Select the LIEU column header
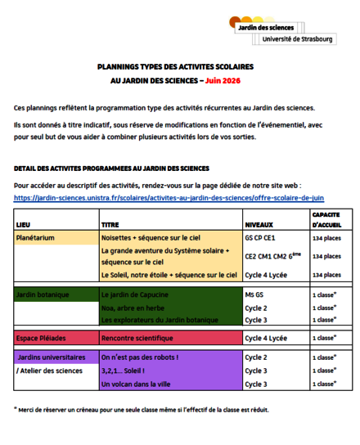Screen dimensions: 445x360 (24, 223)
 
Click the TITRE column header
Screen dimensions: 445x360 (110, 223)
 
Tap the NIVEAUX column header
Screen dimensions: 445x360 (259, 223)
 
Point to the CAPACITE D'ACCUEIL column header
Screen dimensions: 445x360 (326, 218)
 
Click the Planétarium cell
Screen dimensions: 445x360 (38, 237)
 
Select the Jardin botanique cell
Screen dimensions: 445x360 (43, 294)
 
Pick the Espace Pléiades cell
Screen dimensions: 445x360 (43, 337)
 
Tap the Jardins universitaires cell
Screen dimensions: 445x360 (50, 357)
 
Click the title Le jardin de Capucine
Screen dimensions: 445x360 (136, 294)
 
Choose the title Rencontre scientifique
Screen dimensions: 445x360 (138, 337)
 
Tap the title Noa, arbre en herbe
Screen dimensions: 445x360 (134, 307)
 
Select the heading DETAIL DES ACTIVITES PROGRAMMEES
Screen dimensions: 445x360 (111, 169)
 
